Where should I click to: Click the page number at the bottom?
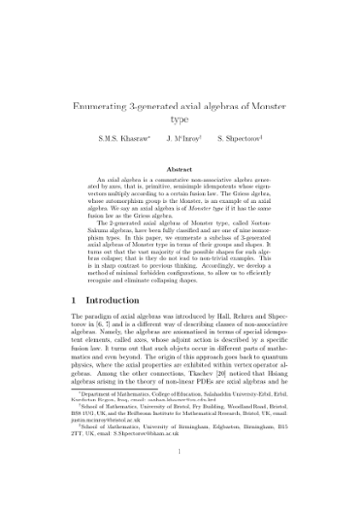(180, 479)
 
